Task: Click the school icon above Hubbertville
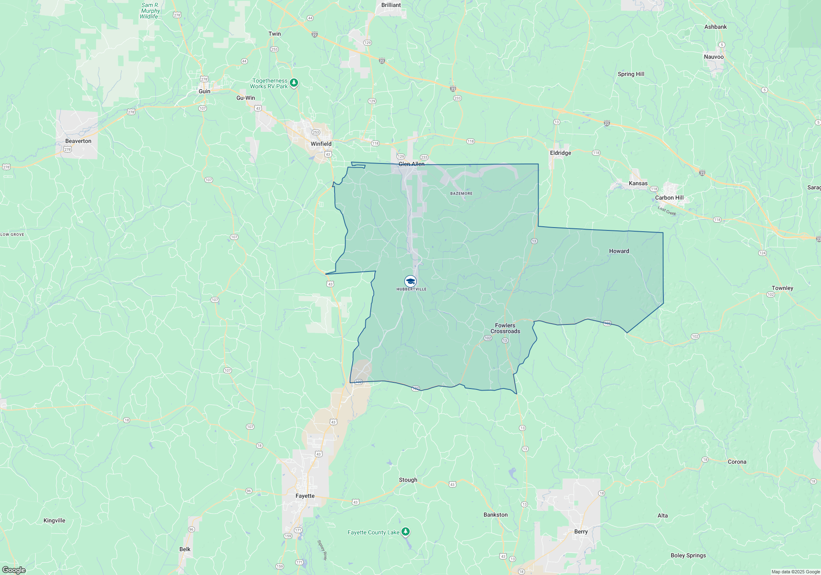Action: tap(410, 281)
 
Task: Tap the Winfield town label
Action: tap(321, 144)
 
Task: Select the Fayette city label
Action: tap(305, 496)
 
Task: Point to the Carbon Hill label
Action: tap(669, 198)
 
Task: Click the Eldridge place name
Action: tap(560, 153)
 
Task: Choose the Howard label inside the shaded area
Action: tap(619, 251)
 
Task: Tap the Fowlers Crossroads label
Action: tap(505, 328)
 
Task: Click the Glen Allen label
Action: tap(411, 164)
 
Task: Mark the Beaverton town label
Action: tap(78, 141)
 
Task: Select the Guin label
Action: tap(204, 91)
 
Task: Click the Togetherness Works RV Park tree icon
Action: tap(294, 83)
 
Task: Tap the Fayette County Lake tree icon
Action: tap(406, 532)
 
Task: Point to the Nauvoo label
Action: tap(713, 57)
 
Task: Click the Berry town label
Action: tap(581, 531)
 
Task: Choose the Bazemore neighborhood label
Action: tap(461, 193)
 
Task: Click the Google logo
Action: tap(14, 570)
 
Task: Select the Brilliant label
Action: tap(391, 5)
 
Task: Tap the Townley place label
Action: tap(782, 288)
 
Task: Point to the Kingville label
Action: tap(54, 520)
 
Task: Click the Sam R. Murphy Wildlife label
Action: tap(150, 11)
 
